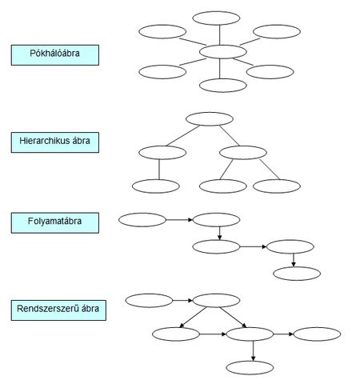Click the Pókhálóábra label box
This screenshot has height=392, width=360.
(55, 55)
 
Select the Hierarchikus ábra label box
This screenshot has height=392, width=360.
(55, 142)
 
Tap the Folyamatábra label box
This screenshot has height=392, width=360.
(55, 222)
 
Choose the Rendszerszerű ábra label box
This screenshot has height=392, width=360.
(58, 310)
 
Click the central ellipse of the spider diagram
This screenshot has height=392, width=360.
(223, 52)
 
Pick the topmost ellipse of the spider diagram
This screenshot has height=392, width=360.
(216, 18)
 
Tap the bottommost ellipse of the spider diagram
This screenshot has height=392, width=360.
(223, 86)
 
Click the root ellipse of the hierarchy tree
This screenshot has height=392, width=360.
(210, 119)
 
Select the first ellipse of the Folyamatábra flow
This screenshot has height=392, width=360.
(142, 220)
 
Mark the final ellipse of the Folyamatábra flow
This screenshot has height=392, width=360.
(297, 274)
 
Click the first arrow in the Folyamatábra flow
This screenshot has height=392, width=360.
(179, 220)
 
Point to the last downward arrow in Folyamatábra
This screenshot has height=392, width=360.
(294, 260)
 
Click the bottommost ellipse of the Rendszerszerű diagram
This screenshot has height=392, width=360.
(250, 368)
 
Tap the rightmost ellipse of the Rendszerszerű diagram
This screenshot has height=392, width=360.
(317, 334)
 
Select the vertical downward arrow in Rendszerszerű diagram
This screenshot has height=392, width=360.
(253, 351)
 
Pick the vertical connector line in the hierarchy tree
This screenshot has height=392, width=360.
(159, 170)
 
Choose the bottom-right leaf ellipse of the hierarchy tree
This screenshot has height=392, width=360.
(277, 186)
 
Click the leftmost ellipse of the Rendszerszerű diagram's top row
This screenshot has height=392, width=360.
(149, 301)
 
